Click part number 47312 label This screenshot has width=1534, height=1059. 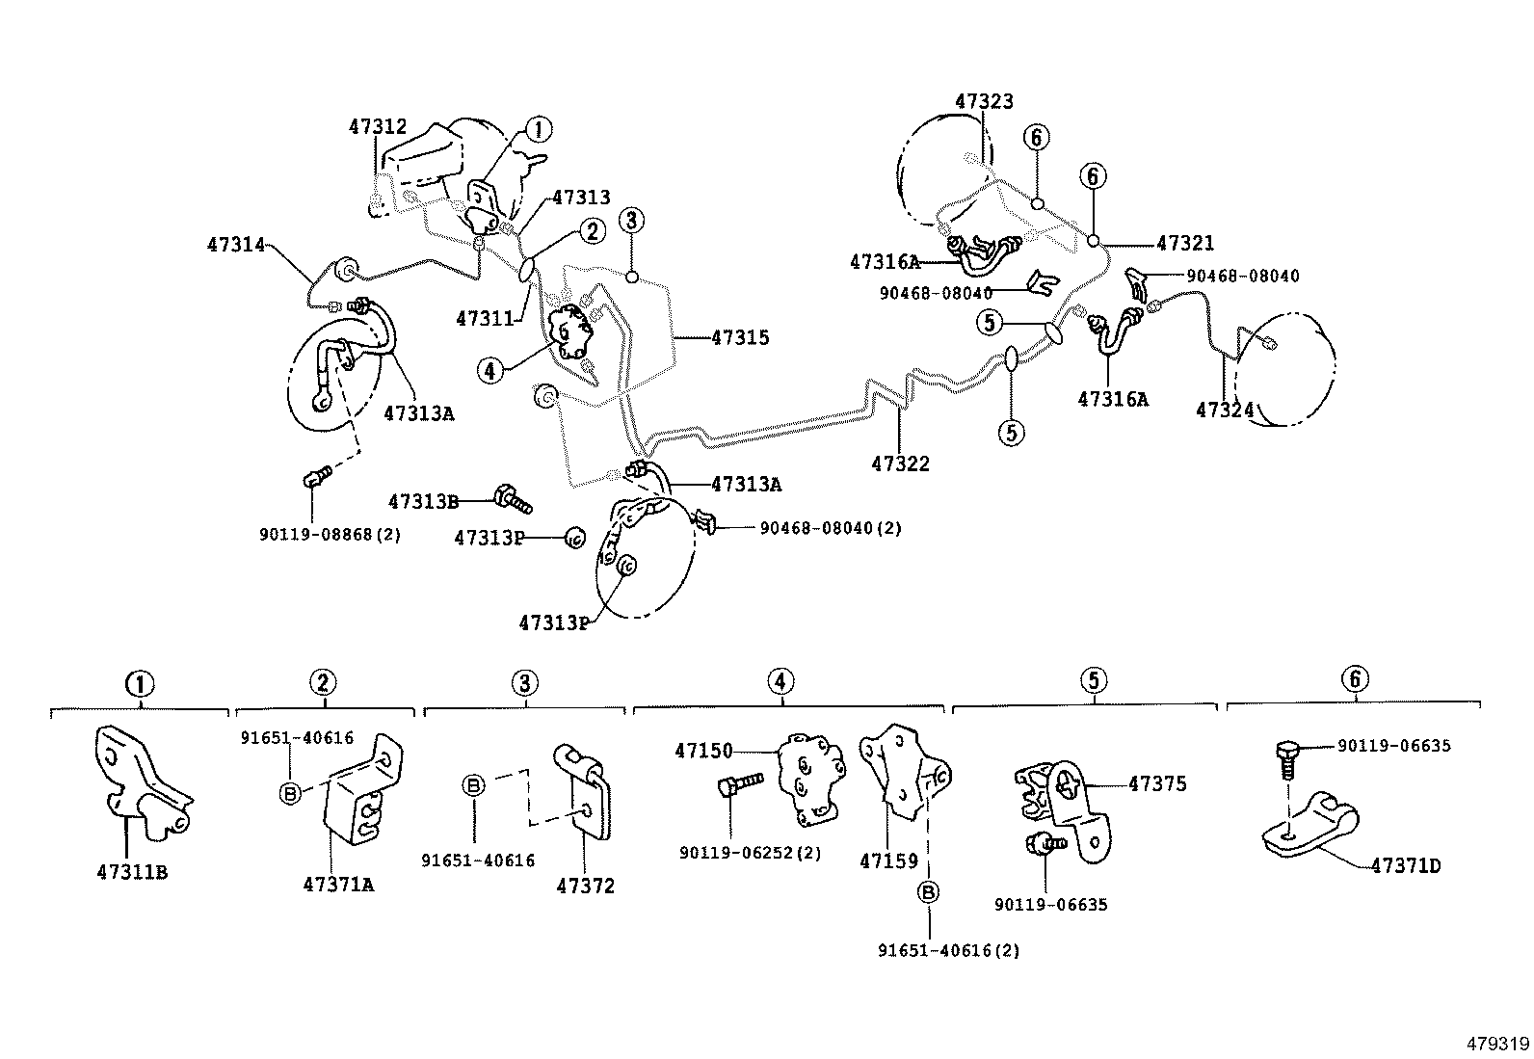[x=377, y=127]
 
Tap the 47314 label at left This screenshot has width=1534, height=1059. [x=235, y=245]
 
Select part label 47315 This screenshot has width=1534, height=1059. [x=740, y=337]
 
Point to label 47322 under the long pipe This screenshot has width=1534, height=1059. [x=900, y=463]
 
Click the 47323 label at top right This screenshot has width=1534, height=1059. [x=984, y=101]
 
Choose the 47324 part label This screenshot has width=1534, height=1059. [x=1225, y=410]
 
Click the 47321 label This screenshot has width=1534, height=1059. [x=1185, y=244]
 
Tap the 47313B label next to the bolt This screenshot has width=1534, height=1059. [x=423, y=501]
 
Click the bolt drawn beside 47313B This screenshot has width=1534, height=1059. [x=513, y=500]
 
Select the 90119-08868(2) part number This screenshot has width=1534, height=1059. [x=330, y=534]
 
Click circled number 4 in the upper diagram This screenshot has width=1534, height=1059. [x=490, y=369]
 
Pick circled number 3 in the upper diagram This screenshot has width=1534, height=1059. [x=631, y=221]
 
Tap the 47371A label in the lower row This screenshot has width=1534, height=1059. [x=337, y=884]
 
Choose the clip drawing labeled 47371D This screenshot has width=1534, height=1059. [x=1310, y=824]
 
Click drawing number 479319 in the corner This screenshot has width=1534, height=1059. [x=1496, y=1044]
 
